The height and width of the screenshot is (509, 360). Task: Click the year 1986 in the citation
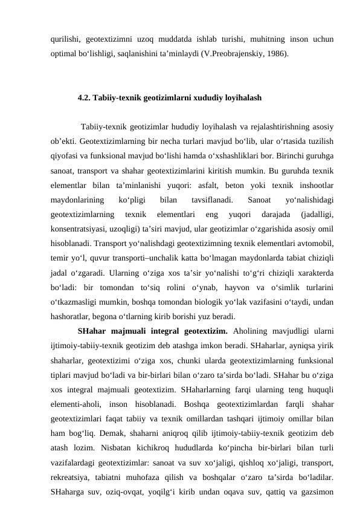[277, 54]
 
